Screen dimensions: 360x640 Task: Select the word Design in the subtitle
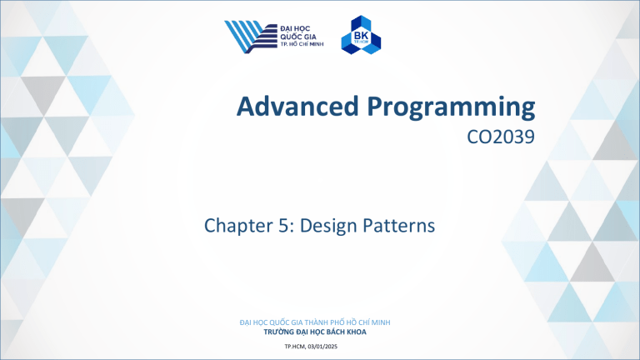point(321,225)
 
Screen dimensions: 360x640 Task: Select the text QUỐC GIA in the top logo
point(297,36)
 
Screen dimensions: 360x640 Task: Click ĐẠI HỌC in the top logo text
point(296,27)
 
